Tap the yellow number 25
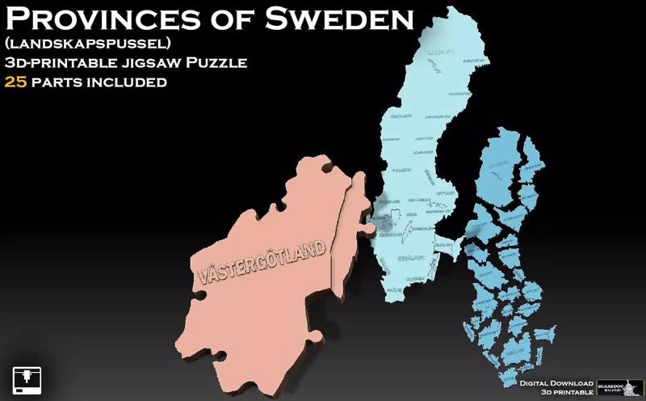tap(16, 82)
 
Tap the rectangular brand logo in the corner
tap(619, 386)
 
